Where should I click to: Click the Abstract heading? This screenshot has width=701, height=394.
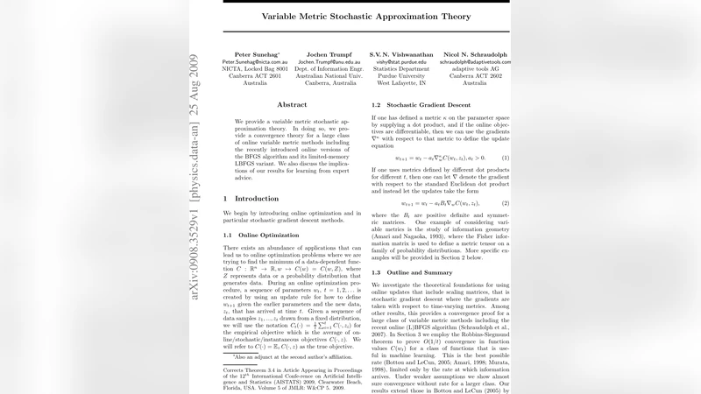coord(292,104)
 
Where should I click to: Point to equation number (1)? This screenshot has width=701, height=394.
coord(505,158)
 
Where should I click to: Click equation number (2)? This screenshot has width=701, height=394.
coord(505,203)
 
